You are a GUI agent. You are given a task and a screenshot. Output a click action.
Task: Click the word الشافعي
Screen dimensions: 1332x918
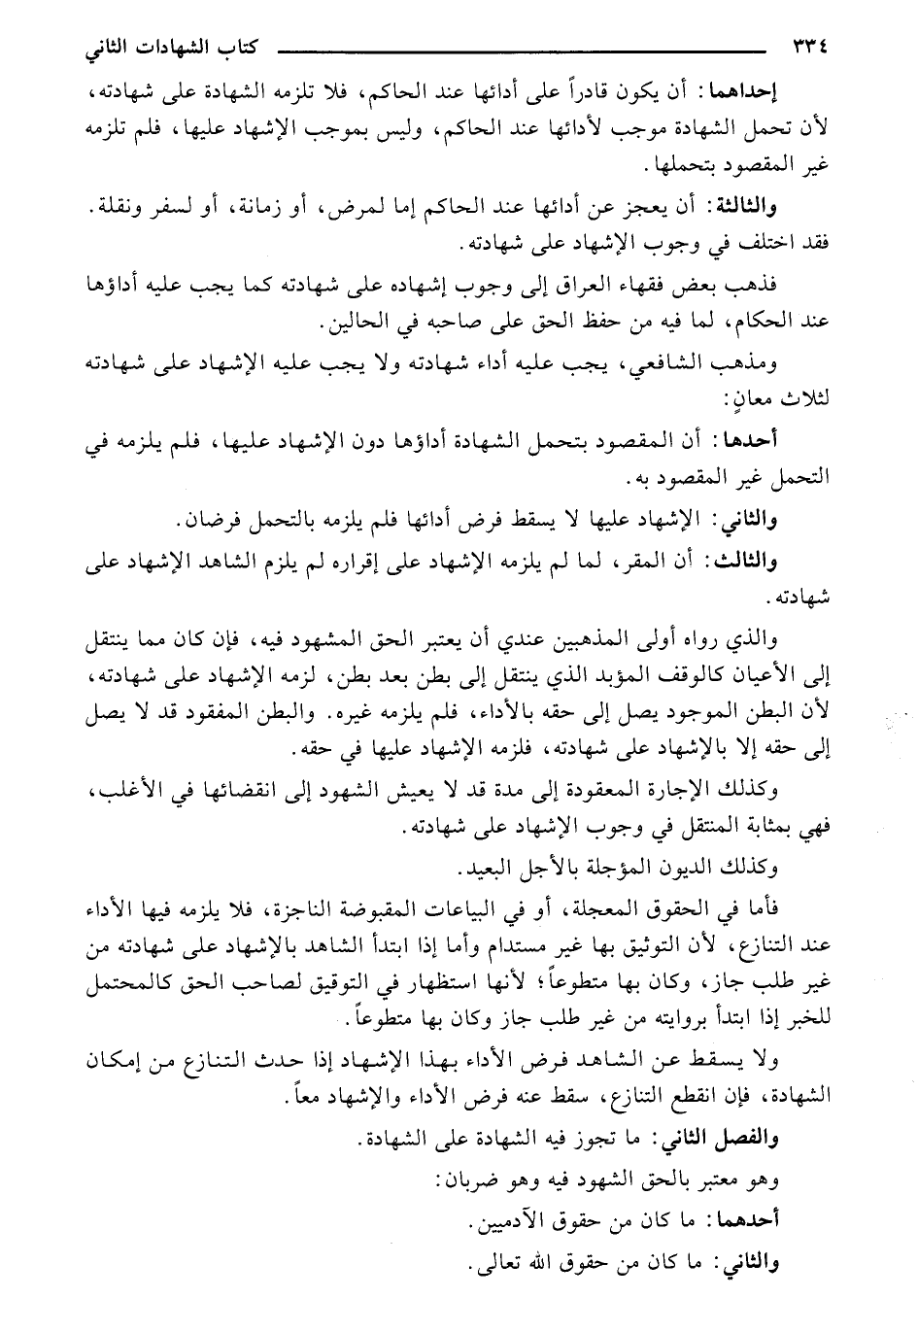coord(725,362)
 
